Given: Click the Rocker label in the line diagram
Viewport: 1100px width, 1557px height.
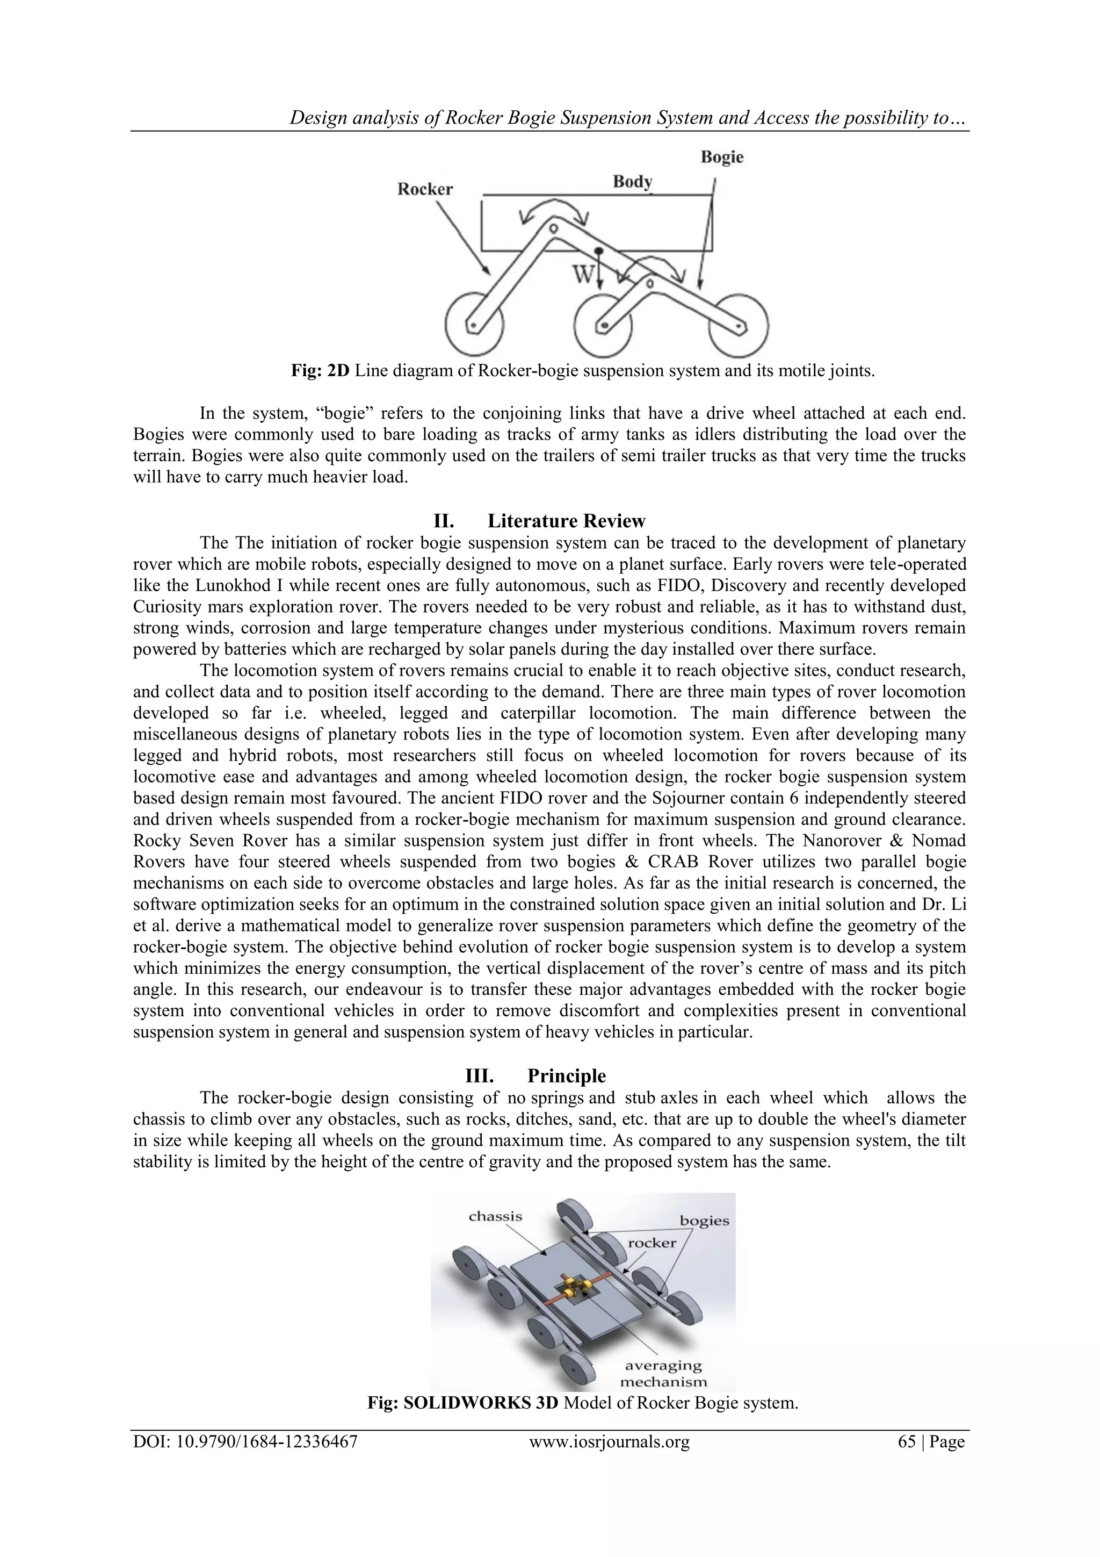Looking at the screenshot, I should (x=424, y=189).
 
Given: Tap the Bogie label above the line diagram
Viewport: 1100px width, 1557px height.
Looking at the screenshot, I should (x=722, y=157).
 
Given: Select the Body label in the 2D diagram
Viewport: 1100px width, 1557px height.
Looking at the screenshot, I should (x=632, y=182).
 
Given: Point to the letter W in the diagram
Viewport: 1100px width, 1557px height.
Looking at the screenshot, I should (x=583, y=275).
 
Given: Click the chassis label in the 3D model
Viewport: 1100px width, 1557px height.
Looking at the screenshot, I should (x=495, y=1216).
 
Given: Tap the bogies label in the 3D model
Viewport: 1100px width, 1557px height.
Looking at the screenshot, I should (x=704, y=1221).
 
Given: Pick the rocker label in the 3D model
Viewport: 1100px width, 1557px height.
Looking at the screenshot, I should (x=652, y=1243).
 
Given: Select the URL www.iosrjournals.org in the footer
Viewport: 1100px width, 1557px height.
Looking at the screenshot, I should (x=609, y=1442).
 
